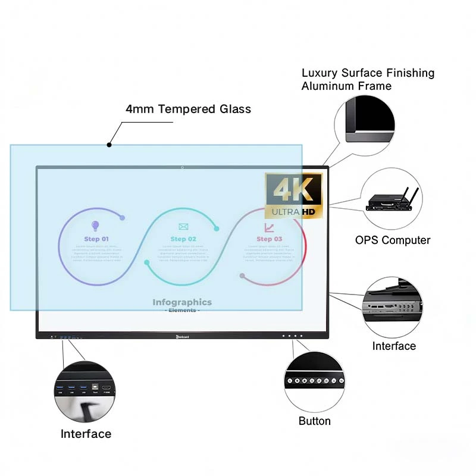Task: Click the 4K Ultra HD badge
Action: pos(293,195)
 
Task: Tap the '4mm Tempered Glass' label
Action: pos(188,109)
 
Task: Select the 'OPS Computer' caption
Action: pos(392,240)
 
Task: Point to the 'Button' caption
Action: pos(314,421)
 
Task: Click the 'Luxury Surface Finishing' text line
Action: pos(368,73)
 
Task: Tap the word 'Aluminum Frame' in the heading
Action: pos(346,86)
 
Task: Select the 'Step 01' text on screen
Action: pos(96,239)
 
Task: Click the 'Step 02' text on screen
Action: pos(183,239)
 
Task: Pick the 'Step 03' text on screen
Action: pos(269,239)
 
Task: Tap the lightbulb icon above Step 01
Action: pos(95,226)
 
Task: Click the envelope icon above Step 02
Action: pos(183,226)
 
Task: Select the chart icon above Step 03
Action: pos(269,227)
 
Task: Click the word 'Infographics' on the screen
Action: pos(182,302)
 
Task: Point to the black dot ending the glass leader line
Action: pos(109,145)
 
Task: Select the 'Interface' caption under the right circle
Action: pos(394,346)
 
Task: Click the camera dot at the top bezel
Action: pos(182,167)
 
